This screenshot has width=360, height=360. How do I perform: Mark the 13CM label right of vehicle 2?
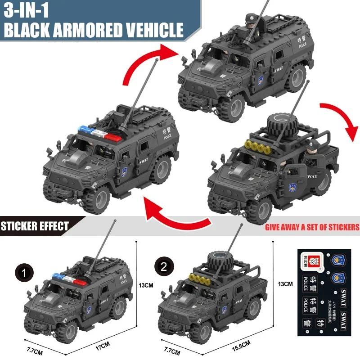pyautogui.click(x=285, y=284)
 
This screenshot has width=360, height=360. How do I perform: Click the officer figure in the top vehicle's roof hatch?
pyautogui.click(x=251, y=20)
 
